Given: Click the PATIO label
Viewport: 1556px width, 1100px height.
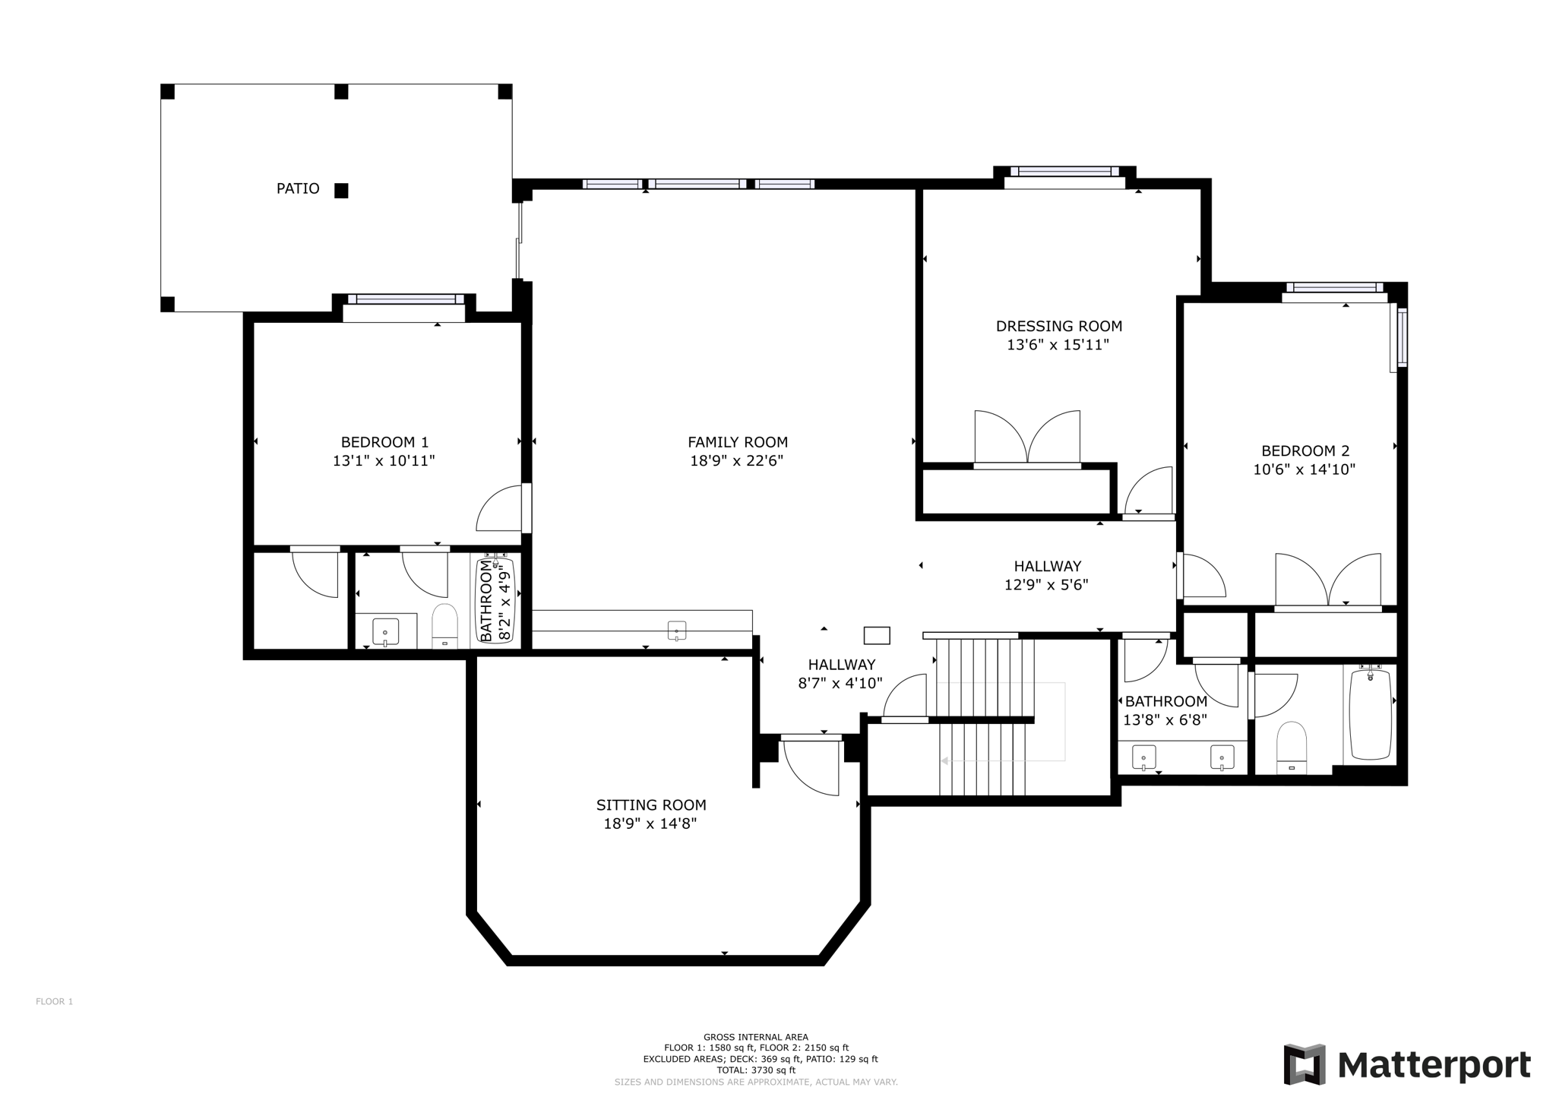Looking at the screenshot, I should [x=298, y=188].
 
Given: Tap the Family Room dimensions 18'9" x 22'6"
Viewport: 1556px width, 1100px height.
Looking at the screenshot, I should [x=736, y=460].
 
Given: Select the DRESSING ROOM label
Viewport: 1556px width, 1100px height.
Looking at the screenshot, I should [x=1058, y=326].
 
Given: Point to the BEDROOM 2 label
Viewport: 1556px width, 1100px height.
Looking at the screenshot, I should [x=1305, y=450].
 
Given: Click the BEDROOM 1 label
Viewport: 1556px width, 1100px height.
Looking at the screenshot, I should [x=384, y=442].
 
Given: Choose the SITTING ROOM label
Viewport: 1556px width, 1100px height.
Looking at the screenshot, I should [x=650, y=804].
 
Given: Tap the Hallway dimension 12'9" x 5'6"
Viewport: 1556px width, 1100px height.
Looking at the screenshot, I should [x=1046, y=585].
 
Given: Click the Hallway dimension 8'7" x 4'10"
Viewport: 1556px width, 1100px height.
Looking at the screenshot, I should [x=840, y=683].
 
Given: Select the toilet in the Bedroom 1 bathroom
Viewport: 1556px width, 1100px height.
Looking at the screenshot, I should [x=444, y=626].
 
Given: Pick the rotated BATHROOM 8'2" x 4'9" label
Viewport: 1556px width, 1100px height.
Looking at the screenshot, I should [x=494, y=600].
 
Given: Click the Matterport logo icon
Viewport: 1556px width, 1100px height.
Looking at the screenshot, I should [x=1304, y=1064].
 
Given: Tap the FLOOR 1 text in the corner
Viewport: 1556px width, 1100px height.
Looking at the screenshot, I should [x=54, y=1001].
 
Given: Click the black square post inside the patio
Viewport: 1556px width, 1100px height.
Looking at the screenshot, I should [x=341, y=191].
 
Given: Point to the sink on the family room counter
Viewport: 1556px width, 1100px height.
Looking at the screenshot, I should [x=677, y=630].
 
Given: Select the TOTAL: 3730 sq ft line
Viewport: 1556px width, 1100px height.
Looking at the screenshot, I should [x=755, y=1070].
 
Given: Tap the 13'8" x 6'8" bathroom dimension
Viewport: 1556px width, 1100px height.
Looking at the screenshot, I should [x=1165, y=719].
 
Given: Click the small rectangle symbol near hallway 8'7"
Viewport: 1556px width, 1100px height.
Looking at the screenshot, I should [x=877, y=635].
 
